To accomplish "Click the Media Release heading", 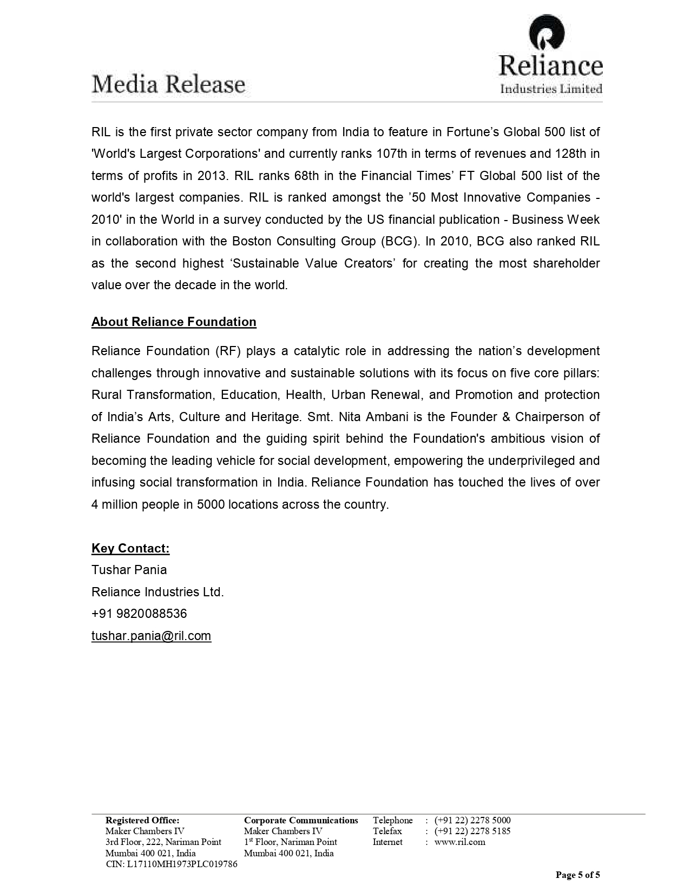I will [168, 85].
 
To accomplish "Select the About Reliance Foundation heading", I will [174, 322].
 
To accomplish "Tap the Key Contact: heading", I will [130, 549].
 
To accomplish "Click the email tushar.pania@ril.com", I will [151, 636].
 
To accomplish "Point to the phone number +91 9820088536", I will [139, 614].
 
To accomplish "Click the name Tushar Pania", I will [129, 570].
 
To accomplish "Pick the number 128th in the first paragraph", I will [570, 154].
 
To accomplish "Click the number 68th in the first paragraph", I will [308, 176].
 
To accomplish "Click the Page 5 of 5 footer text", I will [578, 875].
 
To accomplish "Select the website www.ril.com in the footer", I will [459, 842].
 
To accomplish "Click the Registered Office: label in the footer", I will [142, 820].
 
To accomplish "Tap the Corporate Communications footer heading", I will [301, 820].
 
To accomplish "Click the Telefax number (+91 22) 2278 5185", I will [472, 831].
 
